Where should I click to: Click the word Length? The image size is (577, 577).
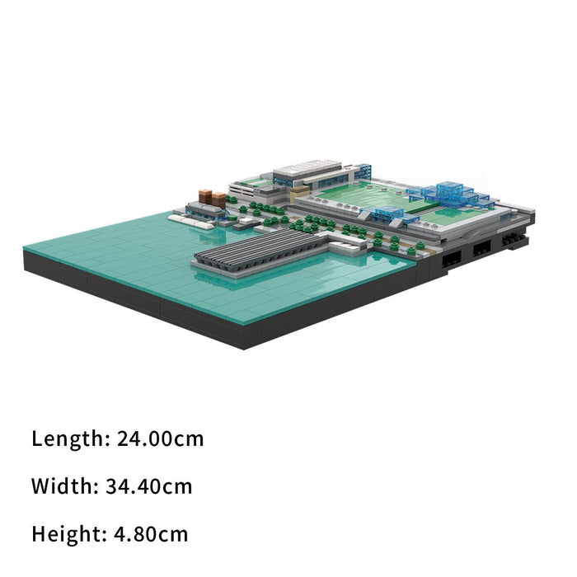tap(68, 439)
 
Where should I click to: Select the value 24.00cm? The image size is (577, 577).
tap(161, 439)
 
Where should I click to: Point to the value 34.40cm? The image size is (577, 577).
tap(149, 486)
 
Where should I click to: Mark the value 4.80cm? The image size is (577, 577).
tap(151, 534)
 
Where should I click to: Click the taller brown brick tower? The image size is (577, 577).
tap(205, 196)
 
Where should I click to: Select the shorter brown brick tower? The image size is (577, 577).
tap(218, 199)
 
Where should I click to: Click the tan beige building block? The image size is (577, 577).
tap(299, 193)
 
